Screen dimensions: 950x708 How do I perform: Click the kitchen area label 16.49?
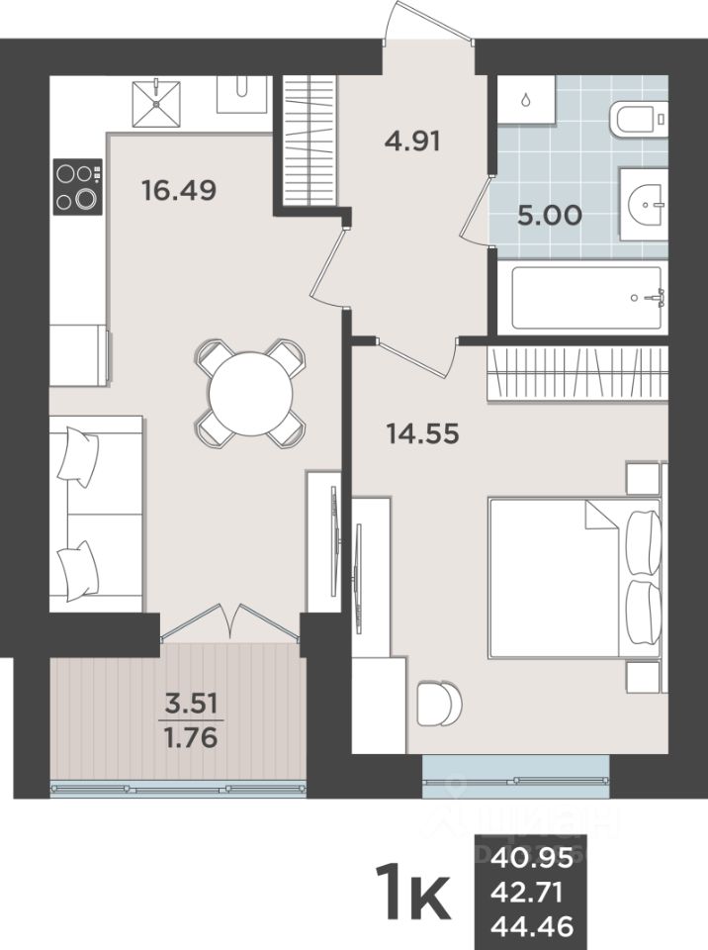(x=178, y=189)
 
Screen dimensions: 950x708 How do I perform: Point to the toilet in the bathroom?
(x=639, y=120)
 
